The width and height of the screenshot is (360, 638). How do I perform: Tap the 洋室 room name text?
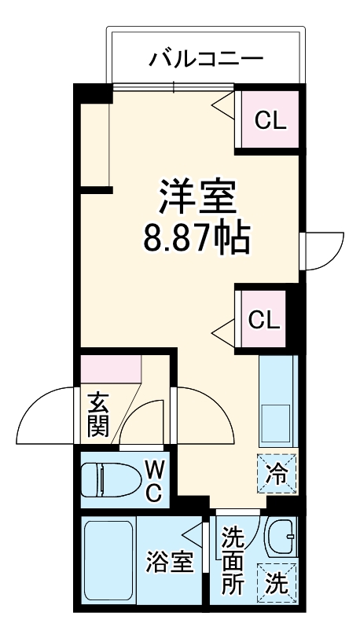click(x=197, y=196)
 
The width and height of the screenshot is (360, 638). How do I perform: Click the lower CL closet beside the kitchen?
click(x=263, y=321)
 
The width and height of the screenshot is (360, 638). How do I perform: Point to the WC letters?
click(x=154, y=482)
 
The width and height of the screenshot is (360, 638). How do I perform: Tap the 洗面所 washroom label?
click(x=233, y=562)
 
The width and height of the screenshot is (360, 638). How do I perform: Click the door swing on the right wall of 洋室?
click(x=325, y=251)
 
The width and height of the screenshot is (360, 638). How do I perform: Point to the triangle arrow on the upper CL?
click(x=224, y=105)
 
